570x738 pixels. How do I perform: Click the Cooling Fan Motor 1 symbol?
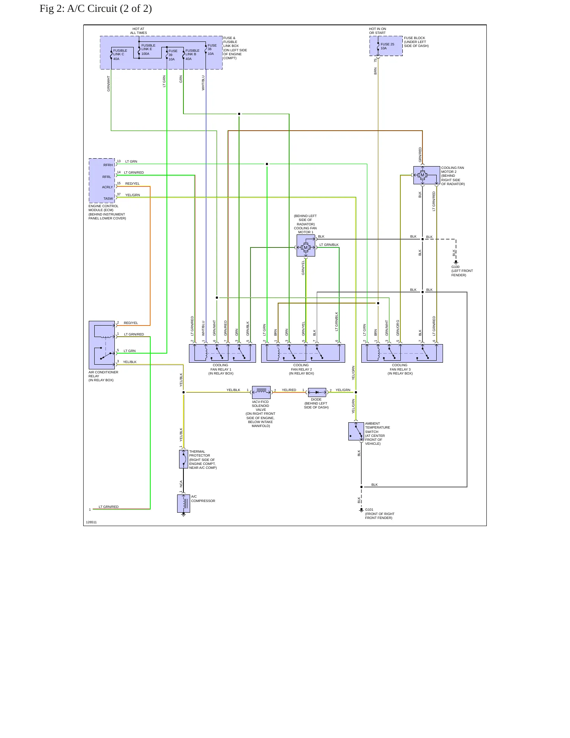click(x=306, y=245)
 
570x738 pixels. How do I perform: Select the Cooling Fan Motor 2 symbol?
click(x=426, y=175)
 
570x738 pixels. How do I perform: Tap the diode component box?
click(x=317, y=392)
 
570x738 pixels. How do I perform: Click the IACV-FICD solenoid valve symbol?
click(x=261, y=392)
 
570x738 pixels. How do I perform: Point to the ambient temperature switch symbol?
click(x=356, y=431)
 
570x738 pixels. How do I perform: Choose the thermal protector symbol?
click(x=183, y=459)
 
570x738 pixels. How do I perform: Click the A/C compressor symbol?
click(x=183, y=504)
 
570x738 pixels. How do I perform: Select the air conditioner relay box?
click(x=102, y=345)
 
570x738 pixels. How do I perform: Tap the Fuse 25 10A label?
click(x=387, y=46)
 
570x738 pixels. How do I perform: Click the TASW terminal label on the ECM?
click(x=108, y=199)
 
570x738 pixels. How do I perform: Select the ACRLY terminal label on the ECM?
click(x=107, y=187)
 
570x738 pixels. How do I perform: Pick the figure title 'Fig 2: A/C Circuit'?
click(x=96, y=9)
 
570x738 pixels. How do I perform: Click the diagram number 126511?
click(x=91, y=522)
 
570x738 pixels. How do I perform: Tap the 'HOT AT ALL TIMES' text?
click(x=138, y=31)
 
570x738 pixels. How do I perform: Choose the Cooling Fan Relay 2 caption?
click(x=301, y=369)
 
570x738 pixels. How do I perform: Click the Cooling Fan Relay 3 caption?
click(x=400, y=369)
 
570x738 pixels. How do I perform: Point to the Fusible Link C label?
click(x=120, y=54)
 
